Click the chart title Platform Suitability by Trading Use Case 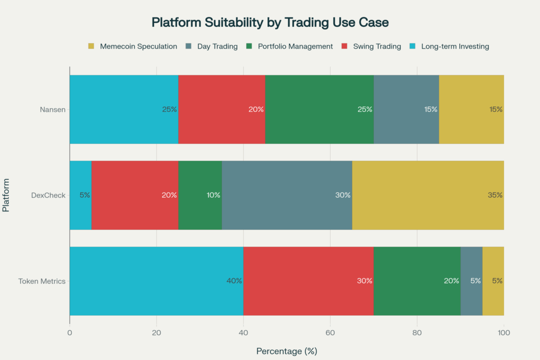tap(269, 22)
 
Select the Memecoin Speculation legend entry tap(132, 46)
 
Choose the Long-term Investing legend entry tap(448, 46)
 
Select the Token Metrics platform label tap(41, 281)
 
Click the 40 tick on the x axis tap(243, 333)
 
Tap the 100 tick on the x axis tap(504, 333)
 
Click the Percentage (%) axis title tap(286, 351)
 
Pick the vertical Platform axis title tap(6, 195)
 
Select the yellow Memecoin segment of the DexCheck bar tap(428, 195)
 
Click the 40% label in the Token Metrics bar tap(234, 281)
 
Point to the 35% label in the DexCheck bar tap(495, 195)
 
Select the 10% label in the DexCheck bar tap(213, 195)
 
